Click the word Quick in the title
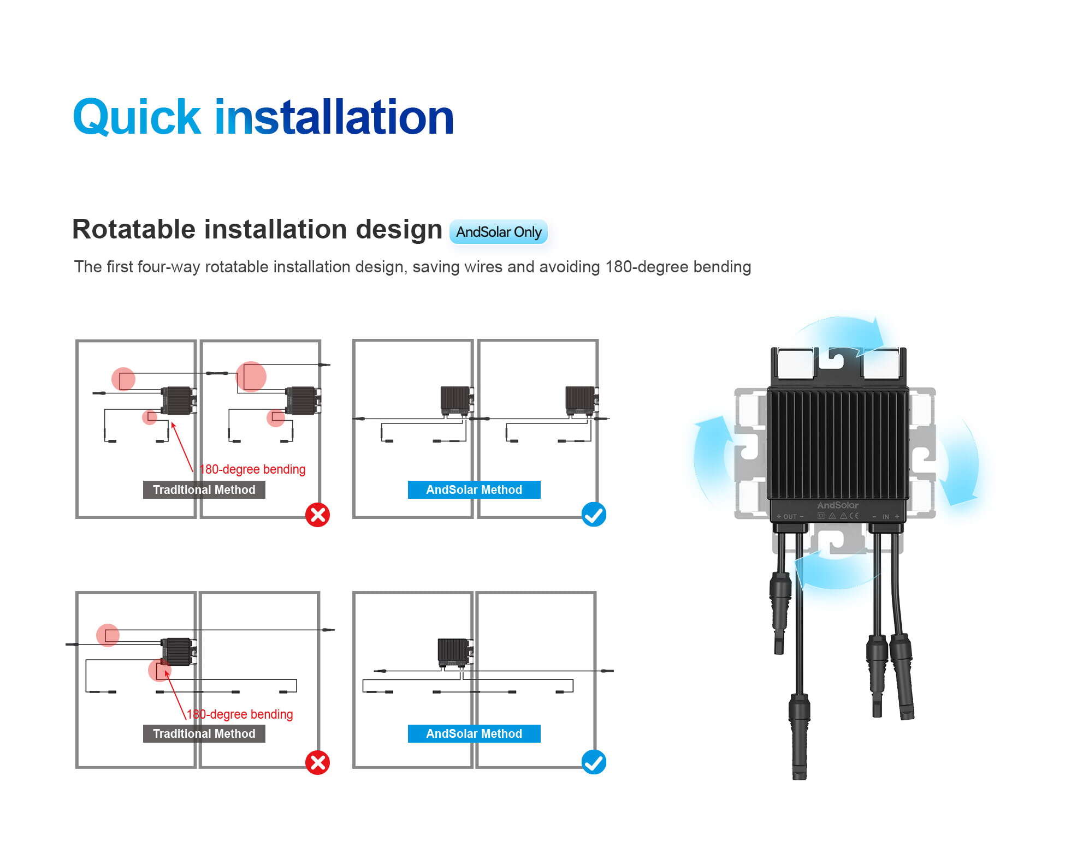coord(137,117)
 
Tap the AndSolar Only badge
coord(498,232)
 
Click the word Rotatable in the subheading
coord(134,229)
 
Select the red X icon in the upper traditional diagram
coord(317,515)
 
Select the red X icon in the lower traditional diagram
coord(317,762)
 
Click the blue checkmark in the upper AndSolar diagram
coord(594,515)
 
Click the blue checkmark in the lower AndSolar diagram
coord(594,762)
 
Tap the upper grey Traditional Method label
coord(204,489)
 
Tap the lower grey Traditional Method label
coord(204,733)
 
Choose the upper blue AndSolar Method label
coord(474,489)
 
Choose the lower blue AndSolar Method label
coord(474,733)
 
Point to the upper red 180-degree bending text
coord(252,469)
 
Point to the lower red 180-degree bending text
coord(240,714)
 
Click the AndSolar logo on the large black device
coord(837,505)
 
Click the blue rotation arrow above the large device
coord(841,330)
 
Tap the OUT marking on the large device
coord(790,516)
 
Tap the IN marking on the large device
coord(885,516)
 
